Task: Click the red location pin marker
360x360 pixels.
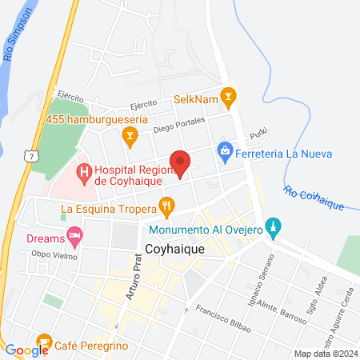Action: click(x=182, y=162)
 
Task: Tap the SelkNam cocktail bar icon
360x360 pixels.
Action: click(x=229, y=98)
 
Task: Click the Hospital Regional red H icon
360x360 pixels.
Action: click(x=83, y=170)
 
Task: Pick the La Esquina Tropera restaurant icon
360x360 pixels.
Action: click(x=166, y=207)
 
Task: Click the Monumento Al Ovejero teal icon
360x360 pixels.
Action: click(x=273, y=228)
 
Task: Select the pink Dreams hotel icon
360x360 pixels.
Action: click(x=75, y=236)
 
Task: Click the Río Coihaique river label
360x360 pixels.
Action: click(x=314, y=198)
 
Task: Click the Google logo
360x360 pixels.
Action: click(x=26, y=350)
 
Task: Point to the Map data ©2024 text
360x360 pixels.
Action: click(x=325, y=354)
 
